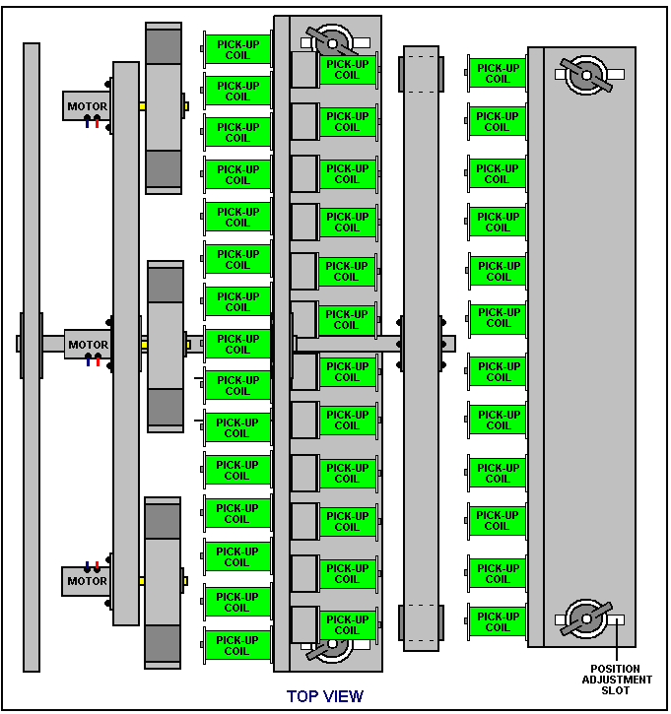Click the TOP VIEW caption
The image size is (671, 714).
(325, 696)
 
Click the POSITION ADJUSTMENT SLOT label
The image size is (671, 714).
(617, 680)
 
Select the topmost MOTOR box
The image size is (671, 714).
(87, 105)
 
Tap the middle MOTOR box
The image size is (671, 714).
(88, 345)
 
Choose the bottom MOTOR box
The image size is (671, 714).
(86, 581)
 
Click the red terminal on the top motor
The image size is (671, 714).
(97, 122)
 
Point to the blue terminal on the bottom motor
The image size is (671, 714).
(87, 567)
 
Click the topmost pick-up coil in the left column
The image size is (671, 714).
(237, 49)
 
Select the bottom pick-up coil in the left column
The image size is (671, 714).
(237, 645)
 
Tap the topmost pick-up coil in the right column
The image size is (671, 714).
(497, 73)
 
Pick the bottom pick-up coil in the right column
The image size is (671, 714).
(497, 621)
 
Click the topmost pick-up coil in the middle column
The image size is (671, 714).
(348, 70)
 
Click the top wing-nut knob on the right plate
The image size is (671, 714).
(586, 75)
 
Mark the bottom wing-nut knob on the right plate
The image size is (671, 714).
(586, 618)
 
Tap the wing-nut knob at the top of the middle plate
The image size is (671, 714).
(332, 43)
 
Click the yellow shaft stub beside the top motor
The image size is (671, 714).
(143, 106)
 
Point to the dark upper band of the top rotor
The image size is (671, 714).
(164, 46)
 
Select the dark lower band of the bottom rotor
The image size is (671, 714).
(163, 643)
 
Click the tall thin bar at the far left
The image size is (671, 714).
(32, 357)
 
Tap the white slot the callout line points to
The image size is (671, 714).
(616, 619)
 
